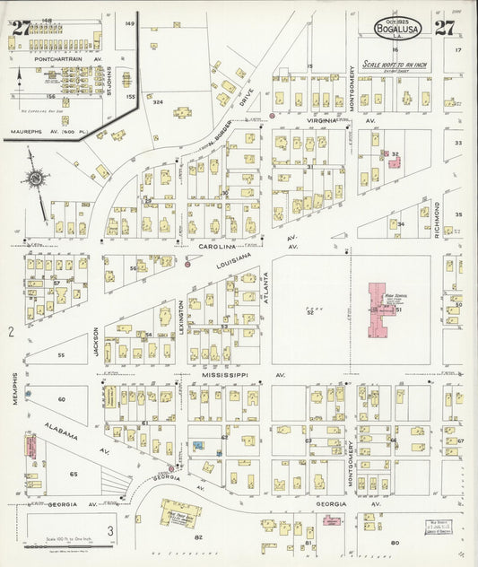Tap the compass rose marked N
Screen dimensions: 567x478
tap(34, 178)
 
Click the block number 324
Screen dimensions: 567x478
tap(158, 103)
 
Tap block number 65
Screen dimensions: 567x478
tap(74, 474)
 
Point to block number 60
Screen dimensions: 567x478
tap(62, 398)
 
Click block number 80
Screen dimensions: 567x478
tap(394, 543)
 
